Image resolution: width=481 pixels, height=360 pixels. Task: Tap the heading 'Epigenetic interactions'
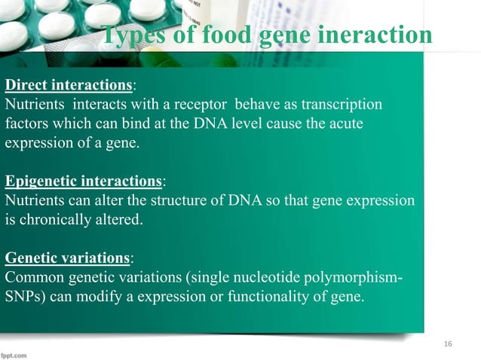(83, 182)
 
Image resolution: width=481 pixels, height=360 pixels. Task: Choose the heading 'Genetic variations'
(67, 258)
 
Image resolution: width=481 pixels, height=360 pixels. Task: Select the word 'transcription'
(345, 103)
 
